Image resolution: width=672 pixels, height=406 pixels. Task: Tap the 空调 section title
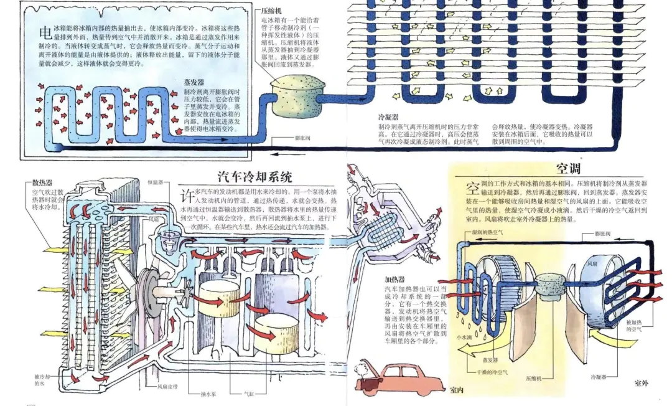point(567,168)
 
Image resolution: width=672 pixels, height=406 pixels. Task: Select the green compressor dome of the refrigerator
point(293,87)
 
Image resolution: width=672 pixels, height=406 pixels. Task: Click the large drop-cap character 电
point(45,32)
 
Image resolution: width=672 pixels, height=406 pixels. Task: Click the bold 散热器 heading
point(43,183)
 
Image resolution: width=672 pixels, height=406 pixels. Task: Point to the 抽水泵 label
point(208,394)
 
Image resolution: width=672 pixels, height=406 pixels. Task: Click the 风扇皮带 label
point(167,386)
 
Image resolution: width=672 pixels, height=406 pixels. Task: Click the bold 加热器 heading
point(394,280)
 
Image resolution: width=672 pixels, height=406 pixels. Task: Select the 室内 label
point(456,390)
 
